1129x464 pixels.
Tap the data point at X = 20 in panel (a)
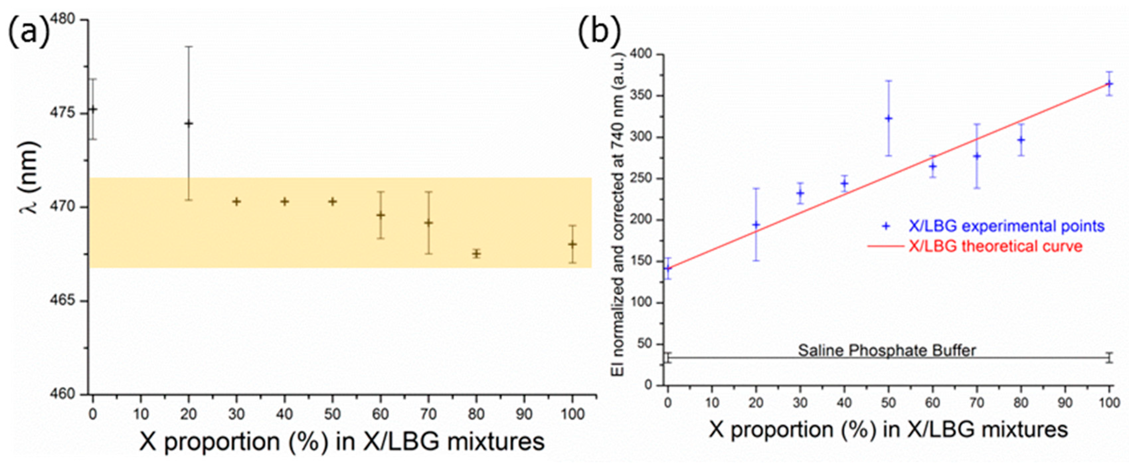[x=189, y=123]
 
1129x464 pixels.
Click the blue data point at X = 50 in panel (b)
[x=888, y=118]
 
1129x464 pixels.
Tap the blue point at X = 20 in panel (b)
[x=756, y=225]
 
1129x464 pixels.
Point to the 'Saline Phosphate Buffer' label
[x=887, y=350]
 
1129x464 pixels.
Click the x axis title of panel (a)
[x=342, y=442]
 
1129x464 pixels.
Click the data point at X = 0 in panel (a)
[x=92, y=109]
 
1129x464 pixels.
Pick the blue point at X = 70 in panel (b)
[x=977, y=156]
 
